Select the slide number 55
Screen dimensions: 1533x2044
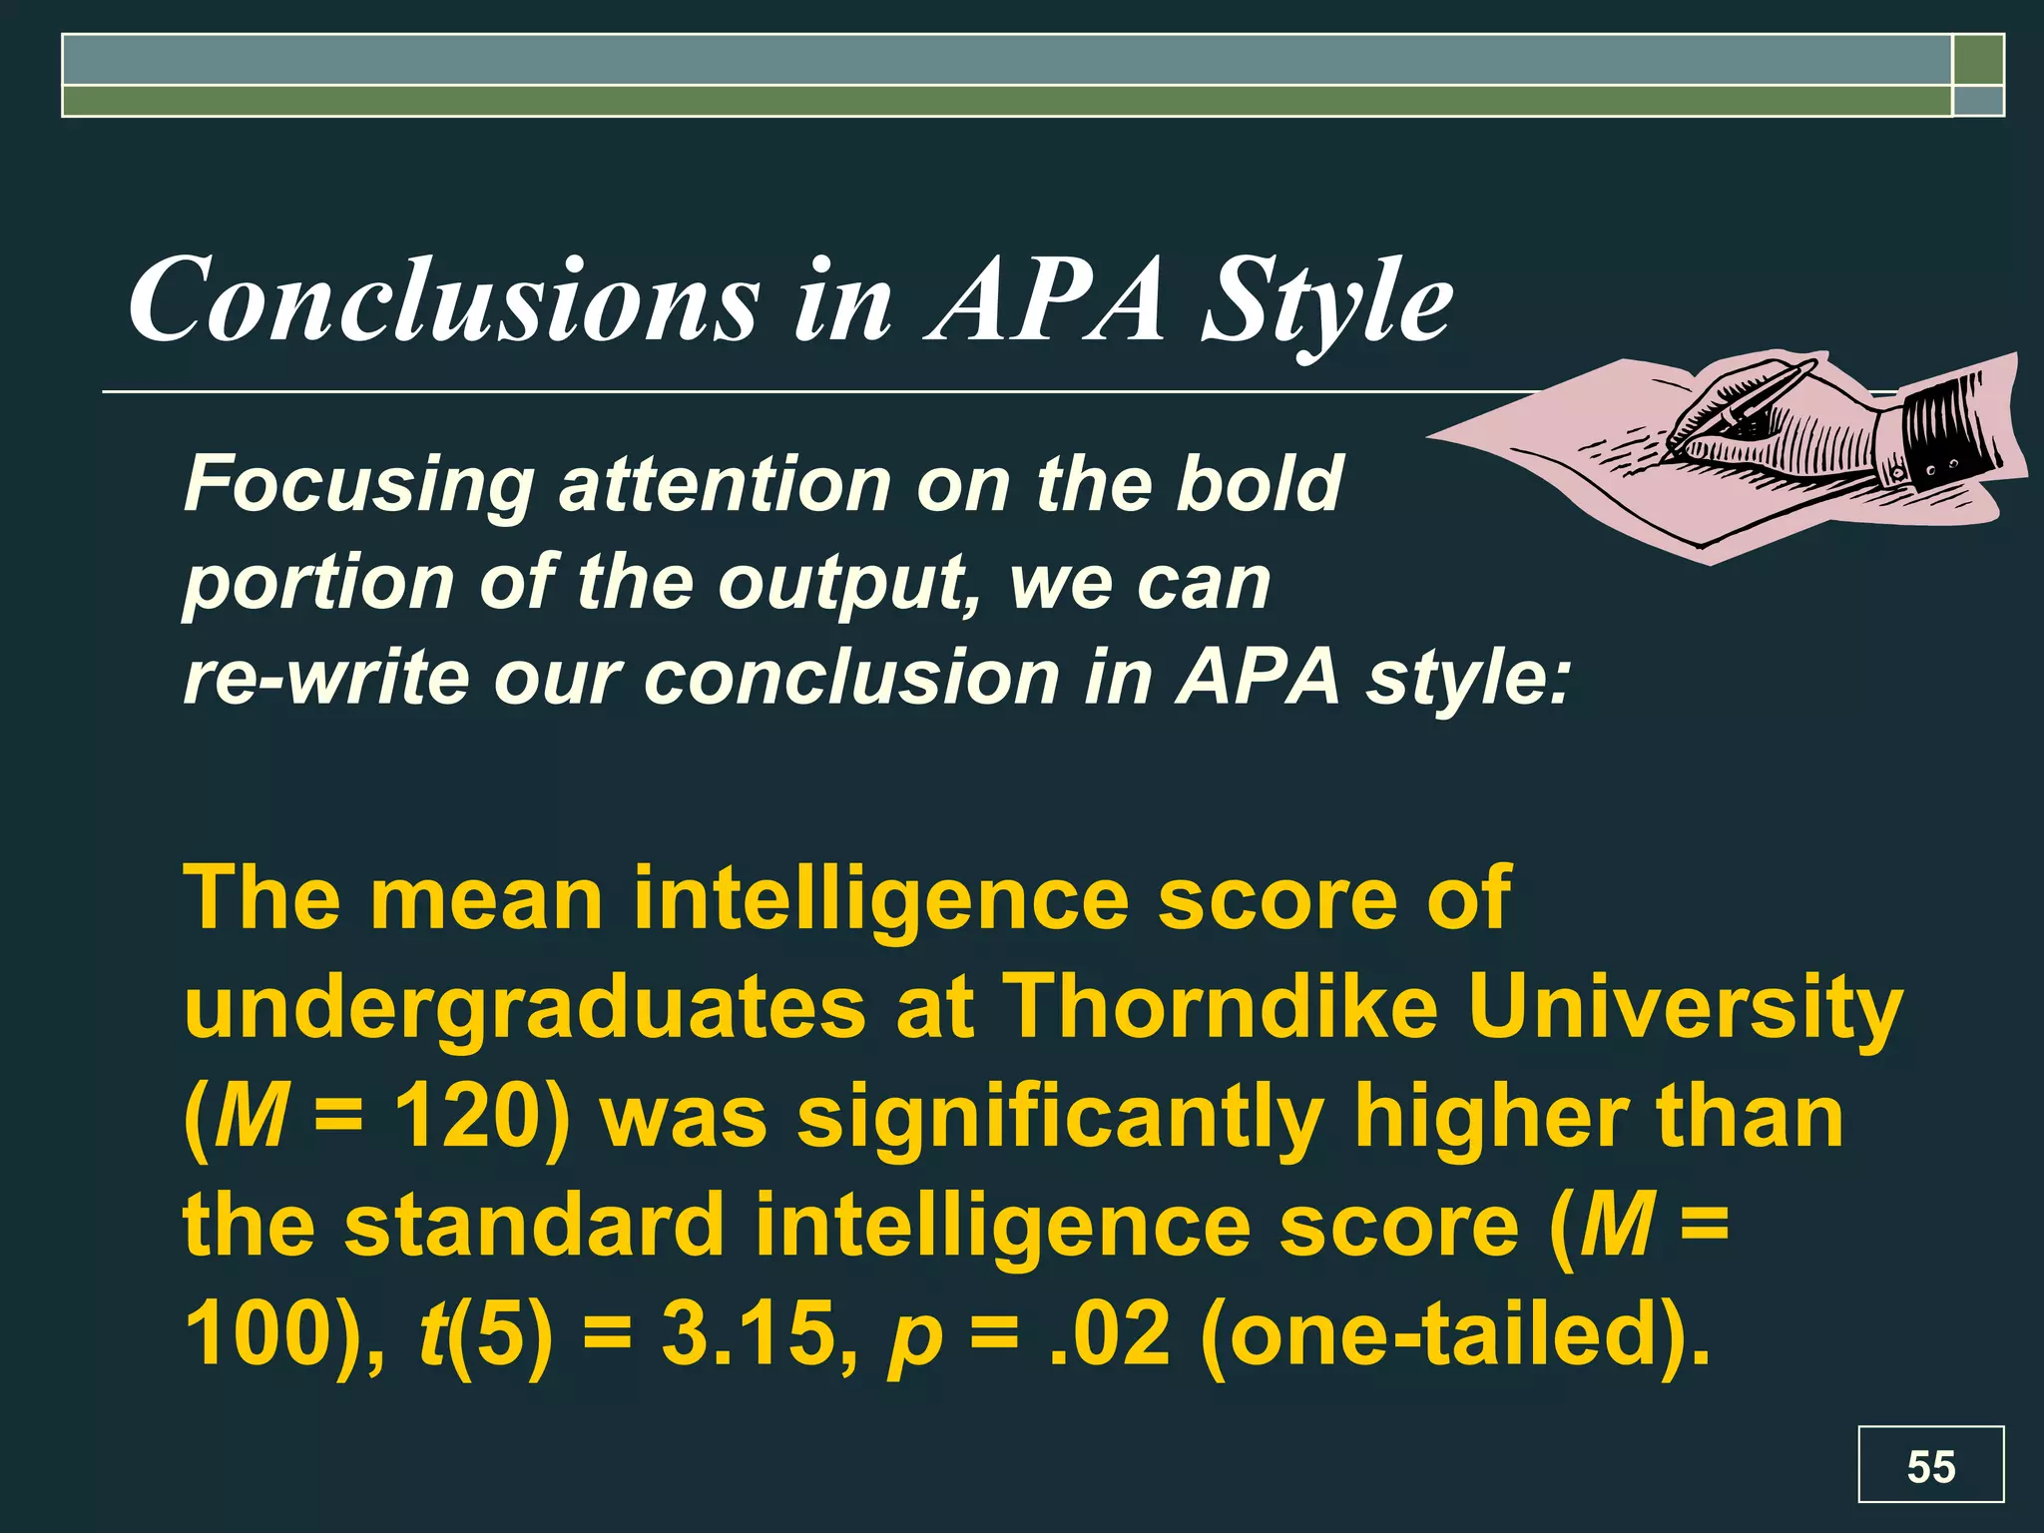pyautogui.click(x=1930, y=1467)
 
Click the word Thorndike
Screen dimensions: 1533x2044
pyautogui.click(x=1221, y=1008)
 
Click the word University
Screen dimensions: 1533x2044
pyautogui.click(x=1685, y=1008)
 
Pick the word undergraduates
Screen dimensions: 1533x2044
pyautogui.click(x=525, y=1008)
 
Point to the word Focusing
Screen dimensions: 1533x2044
pyautogui.click(x=358, y=485)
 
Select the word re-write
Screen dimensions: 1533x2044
pyautogui.click(x=325, y=679)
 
